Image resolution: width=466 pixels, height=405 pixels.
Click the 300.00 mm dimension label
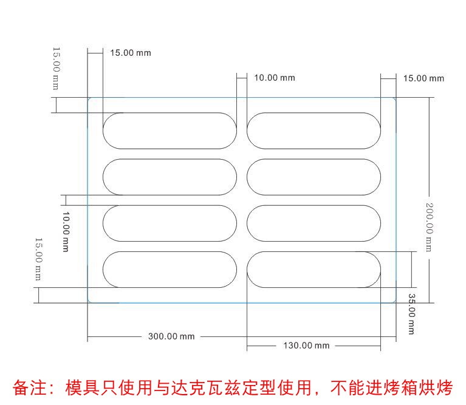(x=171, y=336)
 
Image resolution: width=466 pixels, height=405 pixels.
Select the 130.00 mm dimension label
(x=306, y=345)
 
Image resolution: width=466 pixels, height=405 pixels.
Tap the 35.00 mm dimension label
(x=411, y=314)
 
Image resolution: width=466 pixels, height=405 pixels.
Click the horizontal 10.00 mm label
(x=274, y=78)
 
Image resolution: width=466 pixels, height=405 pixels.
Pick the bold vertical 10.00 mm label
(x=66, y=231)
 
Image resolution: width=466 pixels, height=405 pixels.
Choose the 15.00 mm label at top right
(x=423, y=78)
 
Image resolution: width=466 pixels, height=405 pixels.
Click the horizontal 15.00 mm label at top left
(x=130, y=53)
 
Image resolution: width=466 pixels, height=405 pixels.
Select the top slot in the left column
(x=170, y=131)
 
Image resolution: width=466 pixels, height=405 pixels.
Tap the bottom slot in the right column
(x=314, y=269)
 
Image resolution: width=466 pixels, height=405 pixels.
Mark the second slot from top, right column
(x=314, y=177)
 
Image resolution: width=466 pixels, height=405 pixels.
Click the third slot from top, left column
(x=170, y=223)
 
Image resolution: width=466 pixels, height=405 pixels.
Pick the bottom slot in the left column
(x=170, y=269)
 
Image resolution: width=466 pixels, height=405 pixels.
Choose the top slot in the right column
(x=314, y=131)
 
